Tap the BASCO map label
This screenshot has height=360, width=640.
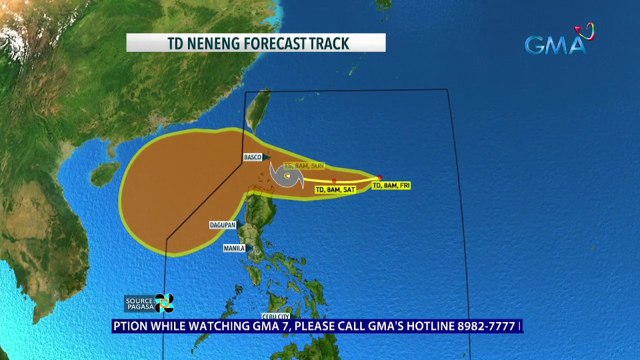point(252,158)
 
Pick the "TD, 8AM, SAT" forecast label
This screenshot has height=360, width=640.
point(336,189)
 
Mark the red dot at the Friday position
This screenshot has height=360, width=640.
point(379,178)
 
